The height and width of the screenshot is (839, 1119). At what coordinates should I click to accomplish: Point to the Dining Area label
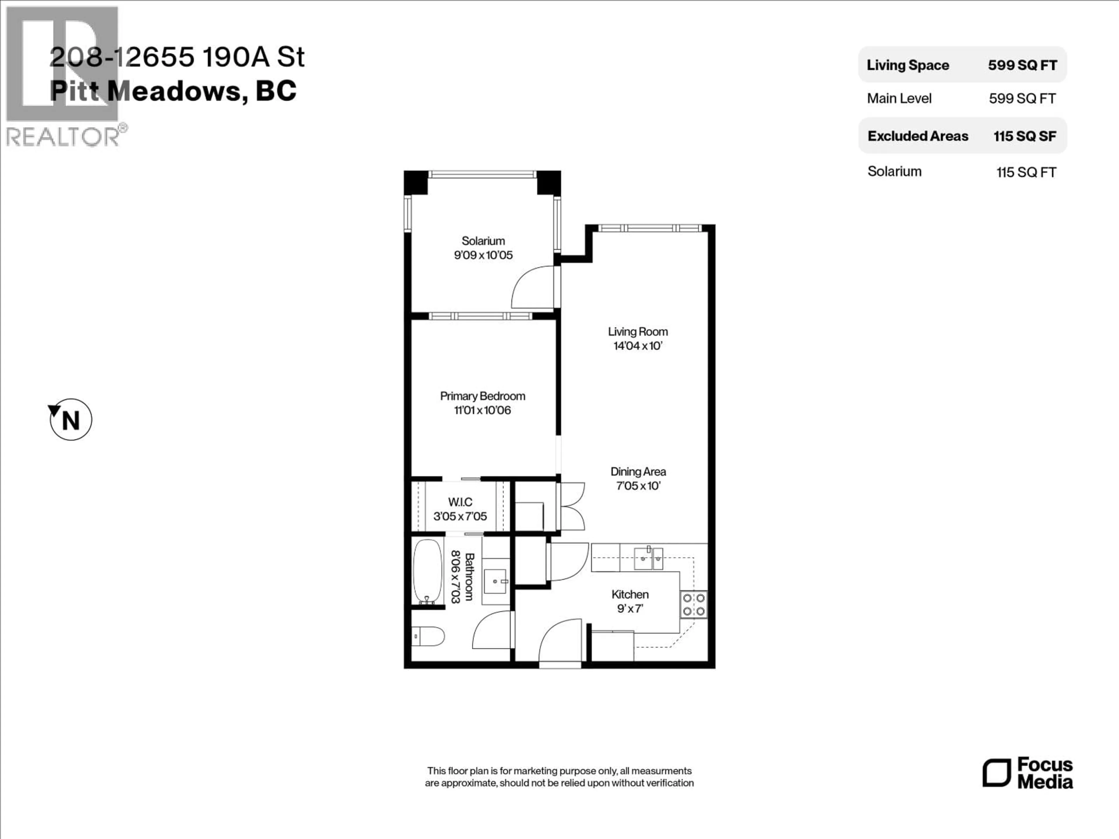[638, 471]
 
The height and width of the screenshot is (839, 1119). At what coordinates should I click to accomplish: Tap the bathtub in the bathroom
[427, 572]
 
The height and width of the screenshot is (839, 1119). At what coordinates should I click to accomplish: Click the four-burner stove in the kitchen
[694, 605]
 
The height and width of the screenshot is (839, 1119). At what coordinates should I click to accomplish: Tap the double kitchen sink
[648, 558]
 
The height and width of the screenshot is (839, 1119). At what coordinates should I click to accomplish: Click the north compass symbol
[71, 420]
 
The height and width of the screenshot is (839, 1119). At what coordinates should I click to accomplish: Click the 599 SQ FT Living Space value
[1022, 65]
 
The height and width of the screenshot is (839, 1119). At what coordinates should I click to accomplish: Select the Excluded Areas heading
[918, 136]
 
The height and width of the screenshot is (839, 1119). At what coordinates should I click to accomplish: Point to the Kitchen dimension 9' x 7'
[629, 608]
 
